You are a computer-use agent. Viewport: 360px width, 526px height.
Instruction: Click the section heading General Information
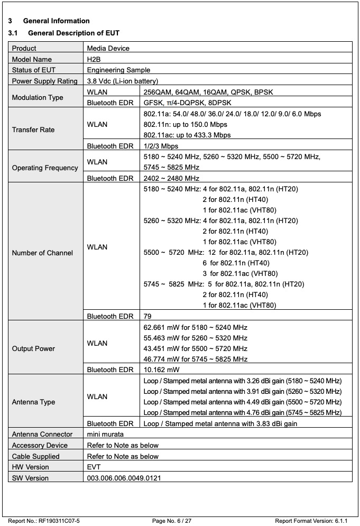click(x=57, y=21)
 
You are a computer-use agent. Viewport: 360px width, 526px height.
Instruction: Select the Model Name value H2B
click(x=94, y=60)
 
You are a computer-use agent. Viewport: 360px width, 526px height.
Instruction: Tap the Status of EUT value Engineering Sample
click(x=118, y=70)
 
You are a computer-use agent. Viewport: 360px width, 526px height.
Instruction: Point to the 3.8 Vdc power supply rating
click(x=122, y=81)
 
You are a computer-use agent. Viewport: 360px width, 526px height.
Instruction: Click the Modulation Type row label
click(x=38, y=97)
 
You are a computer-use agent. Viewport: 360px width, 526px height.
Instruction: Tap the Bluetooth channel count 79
click(x=148, y=316)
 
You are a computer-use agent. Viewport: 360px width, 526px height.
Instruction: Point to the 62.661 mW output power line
click(x=196, y=327)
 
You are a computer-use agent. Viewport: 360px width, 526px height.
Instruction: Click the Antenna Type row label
click(x=33, y=402)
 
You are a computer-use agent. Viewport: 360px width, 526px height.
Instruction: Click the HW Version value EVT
click(x=94, y=467)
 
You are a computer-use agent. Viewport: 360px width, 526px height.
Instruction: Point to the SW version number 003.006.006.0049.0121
click(x=124, y=478)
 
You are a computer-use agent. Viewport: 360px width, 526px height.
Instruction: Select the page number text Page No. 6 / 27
click(x=172, y=521)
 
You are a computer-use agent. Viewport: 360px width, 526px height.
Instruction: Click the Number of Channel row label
click(x=42, y=253)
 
